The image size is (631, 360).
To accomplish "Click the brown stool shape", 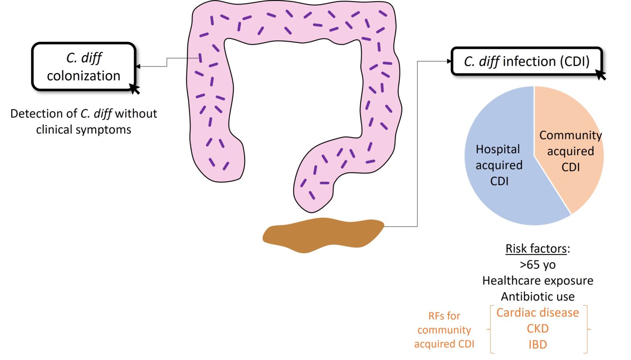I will point(323,235).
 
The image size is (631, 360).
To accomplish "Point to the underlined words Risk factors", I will point(536,249).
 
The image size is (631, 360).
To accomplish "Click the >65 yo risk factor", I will point(538,265).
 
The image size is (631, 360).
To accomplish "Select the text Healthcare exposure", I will point(538,281).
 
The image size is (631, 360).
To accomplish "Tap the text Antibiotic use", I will point(538,297).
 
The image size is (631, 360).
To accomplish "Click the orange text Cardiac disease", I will point(538,313).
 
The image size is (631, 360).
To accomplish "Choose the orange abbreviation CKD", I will point(538,329).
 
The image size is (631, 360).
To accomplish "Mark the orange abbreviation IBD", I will point(538,345).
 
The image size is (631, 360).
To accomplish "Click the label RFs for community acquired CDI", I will point(444,330).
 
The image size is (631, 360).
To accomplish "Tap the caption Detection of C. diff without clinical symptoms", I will point(83,122).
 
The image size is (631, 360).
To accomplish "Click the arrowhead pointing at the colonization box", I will point(138,66).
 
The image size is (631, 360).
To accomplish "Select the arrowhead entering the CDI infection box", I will point(449,62).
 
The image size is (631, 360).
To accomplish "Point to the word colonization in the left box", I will point(83,76).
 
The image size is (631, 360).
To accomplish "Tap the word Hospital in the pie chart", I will point(498,149).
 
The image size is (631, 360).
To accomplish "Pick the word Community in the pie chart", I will point(571,135).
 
